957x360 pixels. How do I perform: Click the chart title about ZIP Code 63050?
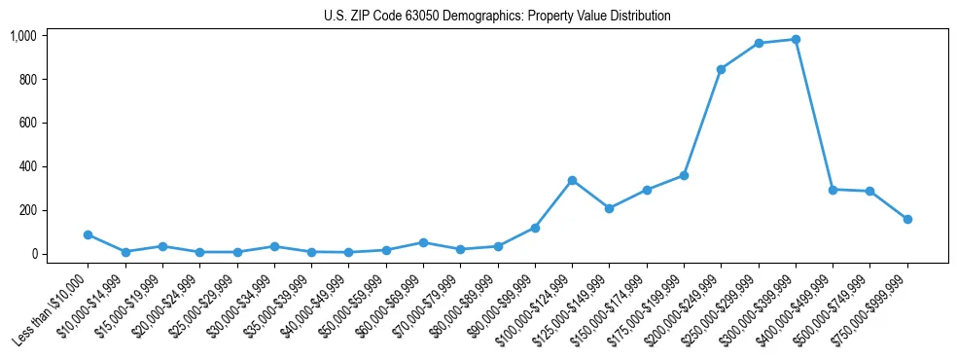(x=497, y=17)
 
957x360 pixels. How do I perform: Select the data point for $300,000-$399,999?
(x=796, y=40)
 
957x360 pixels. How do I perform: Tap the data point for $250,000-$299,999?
(x=759, y=44)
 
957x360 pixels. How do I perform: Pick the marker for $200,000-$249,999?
(x=721, y=69)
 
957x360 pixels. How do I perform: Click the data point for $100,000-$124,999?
(x=572, y=180)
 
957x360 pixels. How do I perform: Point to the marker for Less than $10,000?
(x=88, y=234)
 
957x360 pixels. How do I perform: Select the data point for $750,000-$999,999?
(x=907, y=219)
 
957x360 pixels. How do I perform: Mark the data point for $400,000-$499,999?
(x=833, y=190)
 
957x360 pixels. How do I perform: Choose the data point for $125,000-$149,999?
(x=609, y=208)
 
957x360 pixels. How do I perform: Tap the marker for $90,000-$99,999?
(x=535, y=228)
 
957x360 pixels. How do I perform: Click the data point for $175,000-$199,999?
(x=684, y=176)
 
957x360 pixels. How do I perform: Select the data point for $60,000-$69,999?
(x=423, y=242)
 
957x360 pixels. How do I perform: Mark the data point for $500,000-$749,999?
(x=869, y=192)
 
